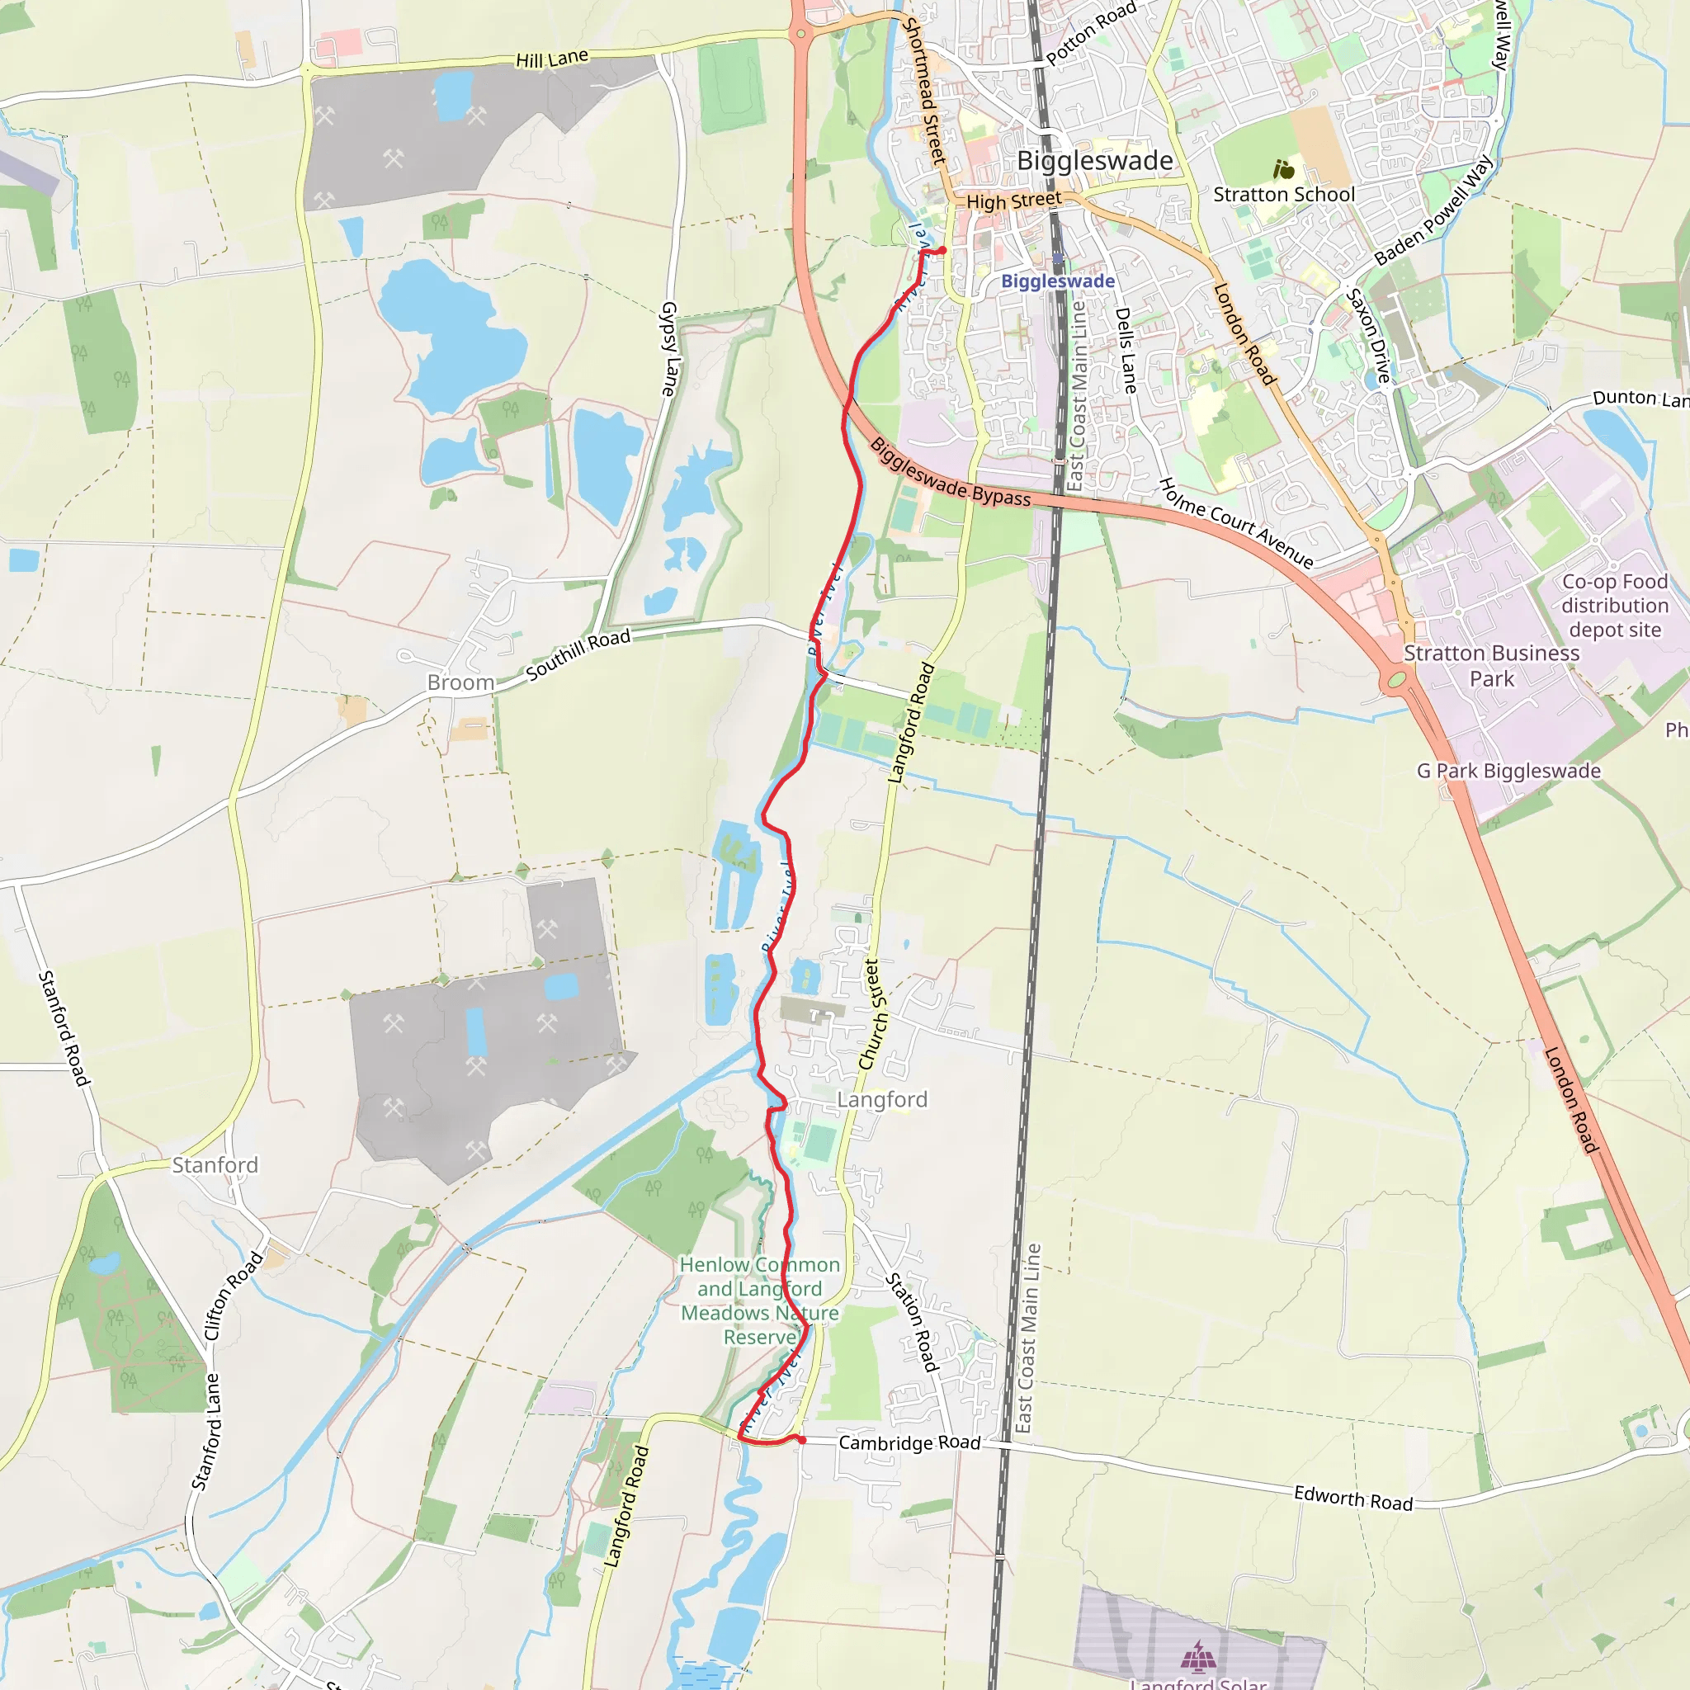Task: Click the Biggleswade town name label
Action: pos(1094,161)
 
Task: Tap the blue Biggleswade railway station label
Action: pos(1058,281)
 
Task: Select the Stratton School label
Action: pos(1283,194)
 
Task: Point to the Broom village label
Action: pos(461,682)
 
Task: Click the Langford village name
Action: pos(882,1099)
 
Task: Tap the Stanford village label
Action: pos(215,1165)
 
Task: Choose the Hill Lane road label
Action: pos(552,59)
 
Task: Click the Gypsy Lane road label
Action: pos(669,349)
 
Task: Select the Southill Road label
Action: pos(578,654)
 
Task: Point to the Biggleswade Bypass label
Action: pos(950,473)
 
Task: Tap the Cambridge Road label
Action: pos(909,1442)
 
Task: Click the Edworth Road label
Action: pos(1353,1499)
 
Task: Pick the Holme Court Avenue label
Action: pos(1236,523)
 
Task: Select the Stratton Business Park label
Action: pos(1491,666)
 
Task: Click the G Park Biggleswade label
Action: pos(1509,771)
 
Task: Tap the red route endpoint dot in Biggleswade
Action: pos(942,250)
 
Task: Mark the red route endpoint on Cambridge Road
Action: pos(801,1439)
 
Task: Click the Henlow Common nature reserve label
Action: pos(759,1301)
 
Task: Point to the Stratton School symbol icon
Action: pos(1283,169)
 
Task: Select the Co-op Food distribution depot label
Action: pos(1615,606)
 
